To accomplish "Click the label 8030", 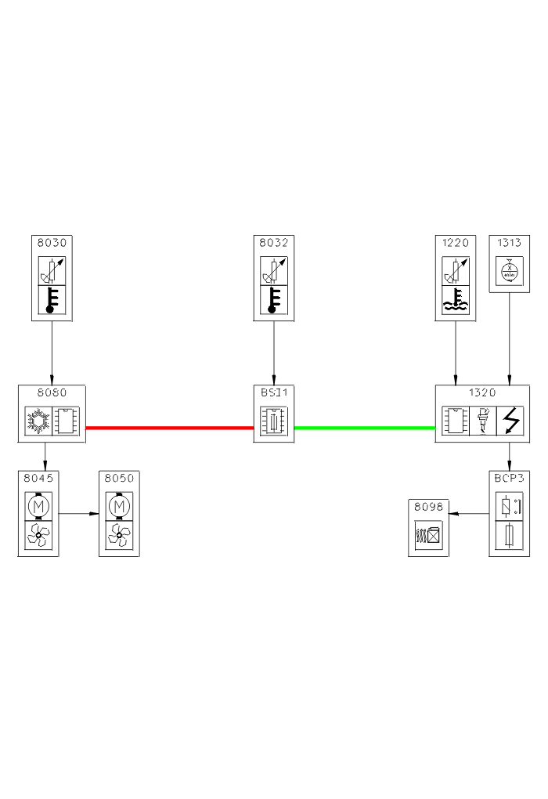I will point(52,243).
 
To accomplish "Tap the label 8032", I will point(274,243).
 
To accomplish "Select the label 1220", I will point(456,243).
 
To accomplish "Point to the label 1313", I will point(510,243).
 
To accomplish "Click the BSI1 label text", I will point(274,392).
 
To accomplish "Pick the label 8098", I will point(428,507).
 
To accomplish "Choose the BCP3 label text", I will point(510,476).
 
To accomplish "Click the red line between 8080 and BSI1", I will point(169,428).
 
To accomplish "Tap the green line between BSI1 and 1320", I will point(364,428).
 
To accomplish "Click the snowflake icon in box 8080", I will point(38,421).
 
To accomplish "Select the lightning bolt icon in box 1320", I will point(510,421).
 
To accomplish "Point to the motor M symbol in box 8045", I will point(38,507).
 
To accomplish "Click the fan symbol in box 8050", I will point(119,536).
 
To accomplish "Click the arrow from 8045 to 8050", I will point(79,514).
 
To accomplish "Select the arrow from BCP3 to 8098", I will point(469,514).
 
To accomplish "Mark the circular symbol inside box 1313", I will point(510,272).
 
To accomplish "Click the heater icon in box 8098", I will point(428,536).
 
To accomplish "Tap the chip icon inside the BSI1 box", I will point(274,421).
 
